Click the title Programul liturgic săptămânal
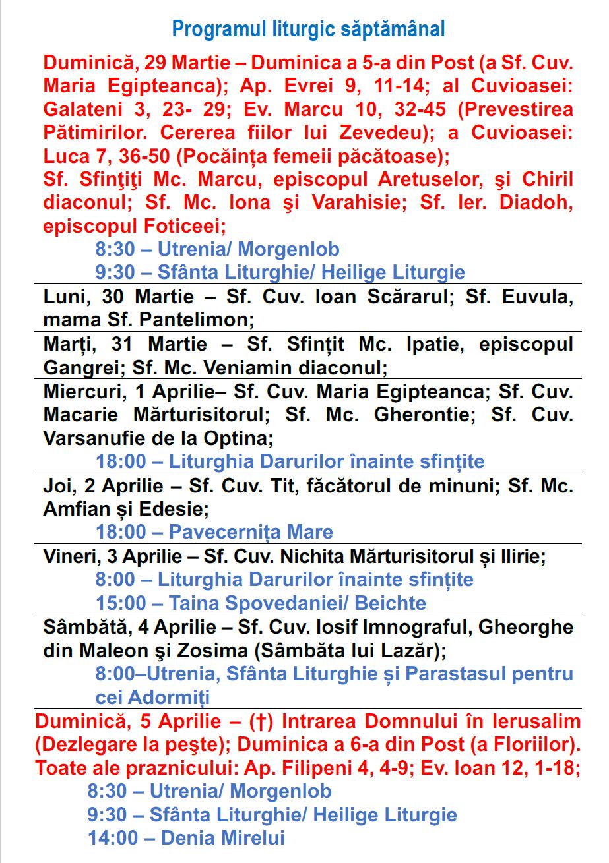click(x=308, y=29)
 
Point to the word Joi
click(x=58, y=487)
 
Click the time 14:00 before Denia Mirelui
click(x=113, y=838)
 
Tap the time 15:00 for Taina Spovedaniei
click(x=121, y=603)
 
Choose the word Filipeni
click(x=321, y=768)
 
